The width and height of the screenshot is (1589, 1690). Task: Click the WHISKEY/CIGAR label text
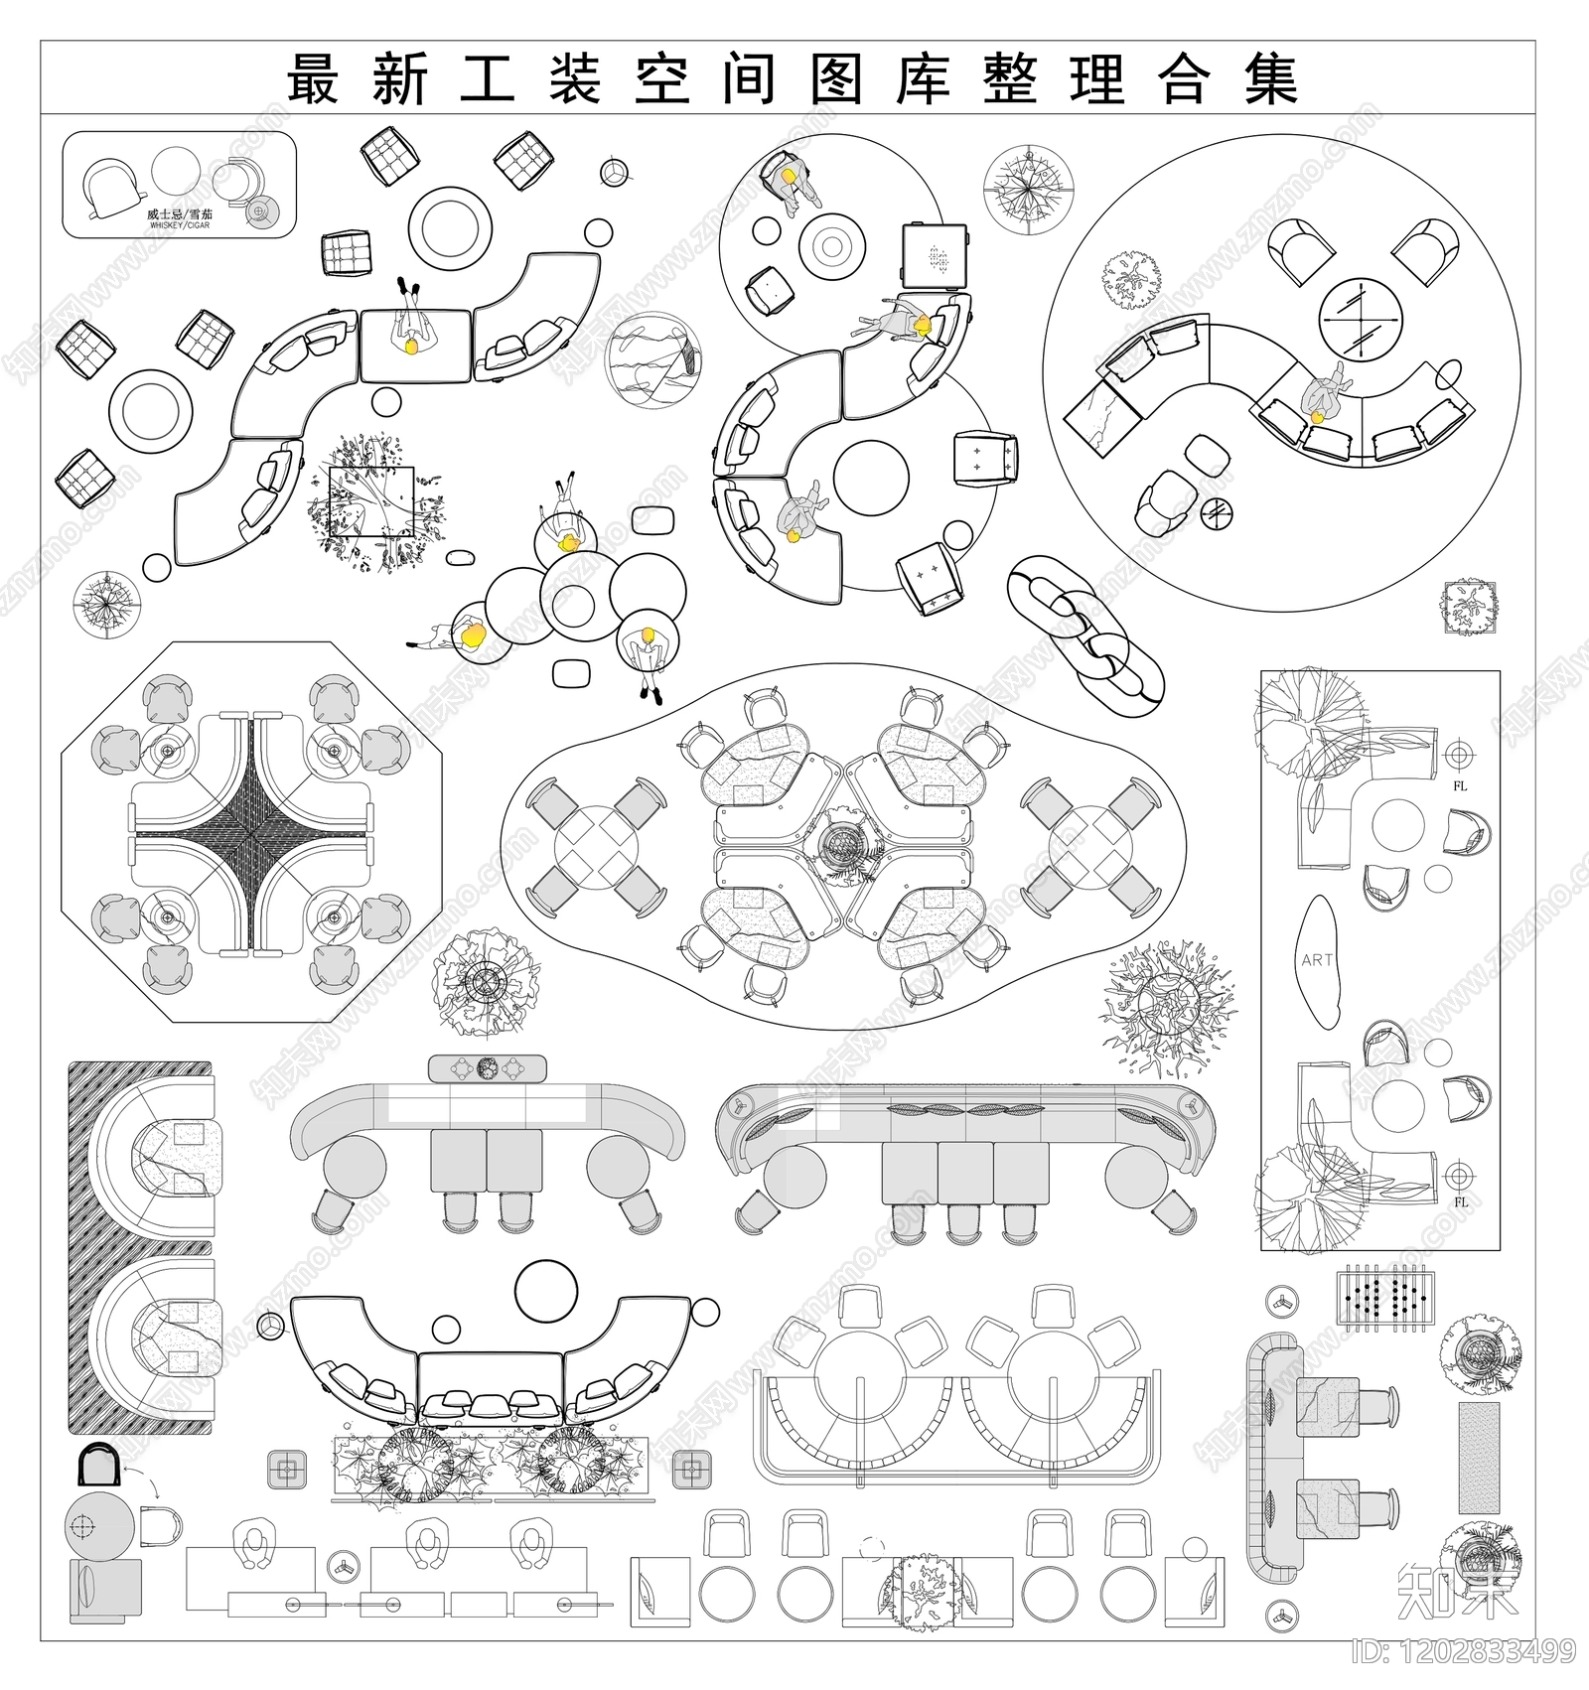tap(180, 225)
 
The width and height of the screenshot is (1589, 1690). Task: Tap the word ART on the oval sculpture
tap(1317, 960)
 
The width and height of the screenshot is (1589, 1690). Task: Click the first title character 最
tap(314, 79)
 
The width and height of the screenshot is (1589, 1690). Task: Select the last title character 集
tap(1271, 79)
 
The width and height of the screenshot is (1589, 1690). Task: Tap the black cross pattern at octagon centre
tap(252, 832)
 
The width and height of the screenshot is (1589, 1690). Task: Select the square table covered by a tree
tap(371, 502)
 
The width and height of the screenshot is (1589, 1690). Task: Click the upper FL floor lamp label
tap(1460, 785)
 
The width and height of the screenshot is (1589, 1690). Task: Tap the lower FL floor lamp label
tap(1460, 1201)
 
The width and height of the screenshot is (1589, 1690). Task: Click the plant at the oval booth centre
tap(842, 846)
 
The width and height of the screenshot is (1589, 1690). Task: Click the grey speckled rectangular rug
tap(1479, 1458)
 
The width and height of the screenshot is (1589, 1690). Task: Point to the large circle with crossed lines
tap(1361, 319)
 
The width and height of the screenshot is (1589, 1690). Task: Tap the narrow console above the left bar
tap(487, 1068)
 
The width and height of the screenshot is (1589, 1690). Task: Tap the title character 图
tap(836, 79)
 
